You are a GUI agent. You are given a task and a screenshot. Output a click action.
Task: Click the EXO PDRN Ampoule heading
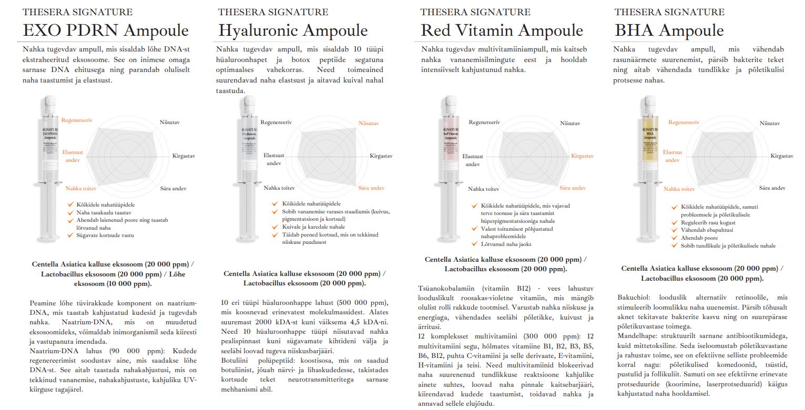pyautogui.click(x=105, y=30)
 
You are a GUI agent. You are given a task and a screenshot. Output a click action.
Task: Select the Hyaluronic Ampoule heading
pyautogui.click(x=293, y=30)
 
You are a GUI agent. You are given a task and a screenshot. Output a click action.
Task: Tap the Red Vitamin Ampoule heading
pyautogui.click(x=502, y=30)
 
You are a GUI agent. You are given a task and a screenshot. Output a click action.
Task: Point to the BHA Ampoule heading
pyautogui.click(x=669, y=30)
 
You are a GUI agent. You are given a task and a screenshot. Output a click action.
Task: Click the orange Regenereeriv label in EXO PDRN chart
pyautogui.click(x=77, y=120)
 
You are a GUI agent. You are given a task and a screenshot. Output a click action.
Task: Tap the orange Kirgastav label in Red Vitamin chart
pyautogui.click(x=582, y=156)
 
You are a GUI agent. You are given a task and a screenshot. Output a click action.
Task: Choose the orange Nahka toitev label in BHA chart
pyautogui.click(x=679, y=189)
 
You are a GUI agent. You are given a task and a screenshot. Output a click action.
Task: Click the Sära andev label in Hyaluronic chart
pyautogui.click(x=371, y=188)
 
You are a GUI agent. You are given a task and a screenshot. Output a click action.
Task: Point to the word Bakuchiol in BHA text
pyautogui.click(x=634, y=298)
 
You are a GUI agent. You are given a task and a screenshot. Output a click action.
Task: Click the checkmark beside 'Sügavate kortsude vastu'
pyautogui.click(x=70, y=235)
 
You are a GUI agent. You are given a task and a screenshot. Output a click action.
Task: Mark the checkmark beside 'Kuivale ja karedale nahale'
pyautogui.click(x=274, y=227)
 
